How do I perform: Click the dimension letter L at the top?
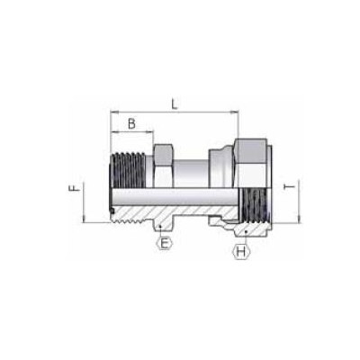pyautogui.click(x=174, y=105)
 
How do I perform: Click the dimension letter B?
pyautogui.click(x=131, y=123)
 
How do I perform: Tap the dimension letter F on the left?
pyautogui.click(x=76, y=190)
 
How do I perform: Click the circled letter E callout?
pyautogui.click(x=164, y=240)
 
